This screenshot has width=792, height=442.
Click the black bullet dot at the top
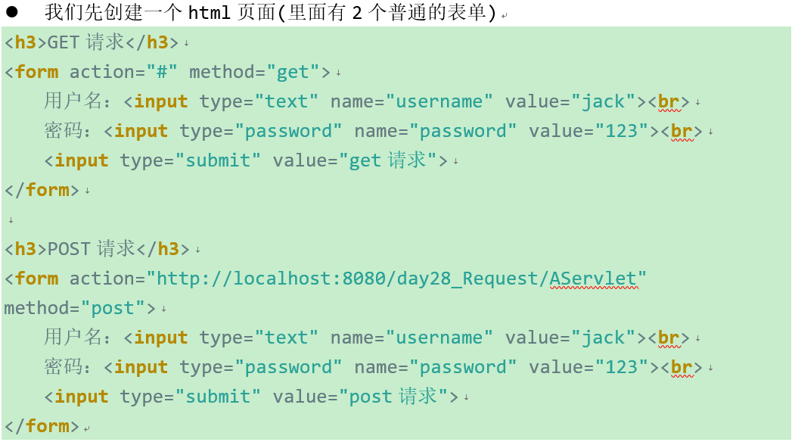(x=12, y=13)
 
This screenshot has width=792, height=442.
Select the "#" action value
(x=161, y=72)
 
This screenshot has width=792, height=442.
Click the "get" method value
(x=293, y=72)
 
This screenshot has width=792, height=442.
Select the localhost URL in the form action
(x=396, y=279)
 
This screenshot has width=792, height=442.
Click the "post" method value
(x=112, y=308)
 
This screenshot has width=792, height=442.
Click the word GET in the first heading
(x=64, y=42)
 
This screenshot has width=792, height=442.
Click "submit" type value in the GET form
(x=219, y=160)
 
